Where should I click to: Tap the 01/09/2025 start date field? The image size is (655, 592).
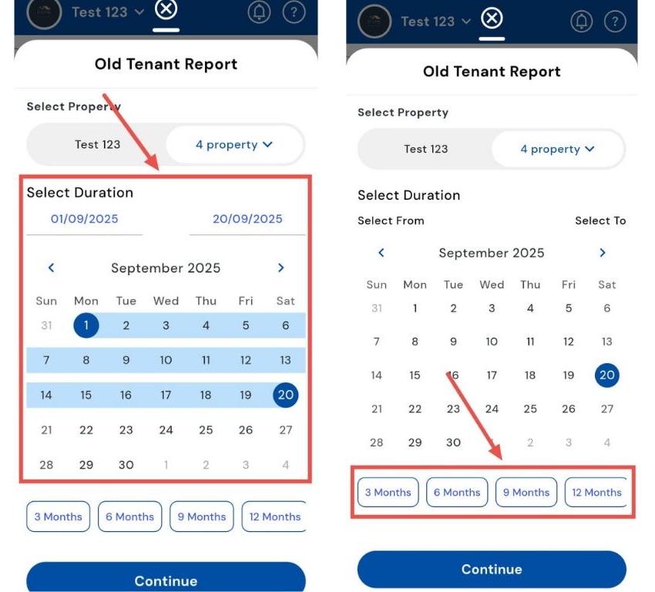tap(85, 219)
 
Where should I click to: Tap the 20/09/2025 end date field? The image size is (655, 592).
tap(247, 219)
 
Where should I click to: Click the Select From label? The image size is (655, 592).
tap(391, 220)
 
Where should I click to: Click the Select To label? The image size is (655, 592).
tap(600, 220)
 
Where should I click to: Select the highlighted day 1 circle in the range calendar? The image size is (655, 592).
tap(86, 325)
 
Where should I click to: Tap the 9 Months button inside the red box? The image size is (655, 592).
tap(526, 493)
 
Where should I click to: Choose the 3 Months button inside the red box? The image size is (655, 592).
tap(388, 493)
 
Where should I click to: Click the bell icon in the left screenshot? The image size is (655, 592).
tap(259, 12)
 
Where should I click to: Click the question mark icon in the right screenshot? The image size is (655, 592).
tap(615, 22)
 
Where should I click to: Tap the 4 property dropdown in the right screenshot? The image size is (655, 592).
tap(558, 149)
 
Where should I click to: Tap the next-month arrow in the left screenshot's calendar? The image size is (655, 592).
tap(280, 267)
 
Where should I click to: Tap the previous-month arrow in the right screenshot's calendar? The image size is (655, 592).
tap(381, 253)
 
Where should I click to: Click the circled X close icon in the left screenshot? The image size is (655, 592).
tap(166, 8)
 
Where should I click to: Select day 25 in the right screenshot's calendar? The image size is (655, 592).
tap(530, 409)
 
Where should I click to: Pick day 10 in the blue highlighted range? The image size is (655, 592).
tap(166, 360)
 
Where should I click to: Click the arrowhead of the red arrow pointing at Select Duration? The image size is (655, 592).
tap(153, 163)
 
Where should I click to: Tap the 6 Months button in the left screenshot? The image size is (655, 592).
tap(130, 516)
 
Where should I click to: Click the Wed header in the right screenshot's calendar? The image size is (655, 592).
tap(492, 285)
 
